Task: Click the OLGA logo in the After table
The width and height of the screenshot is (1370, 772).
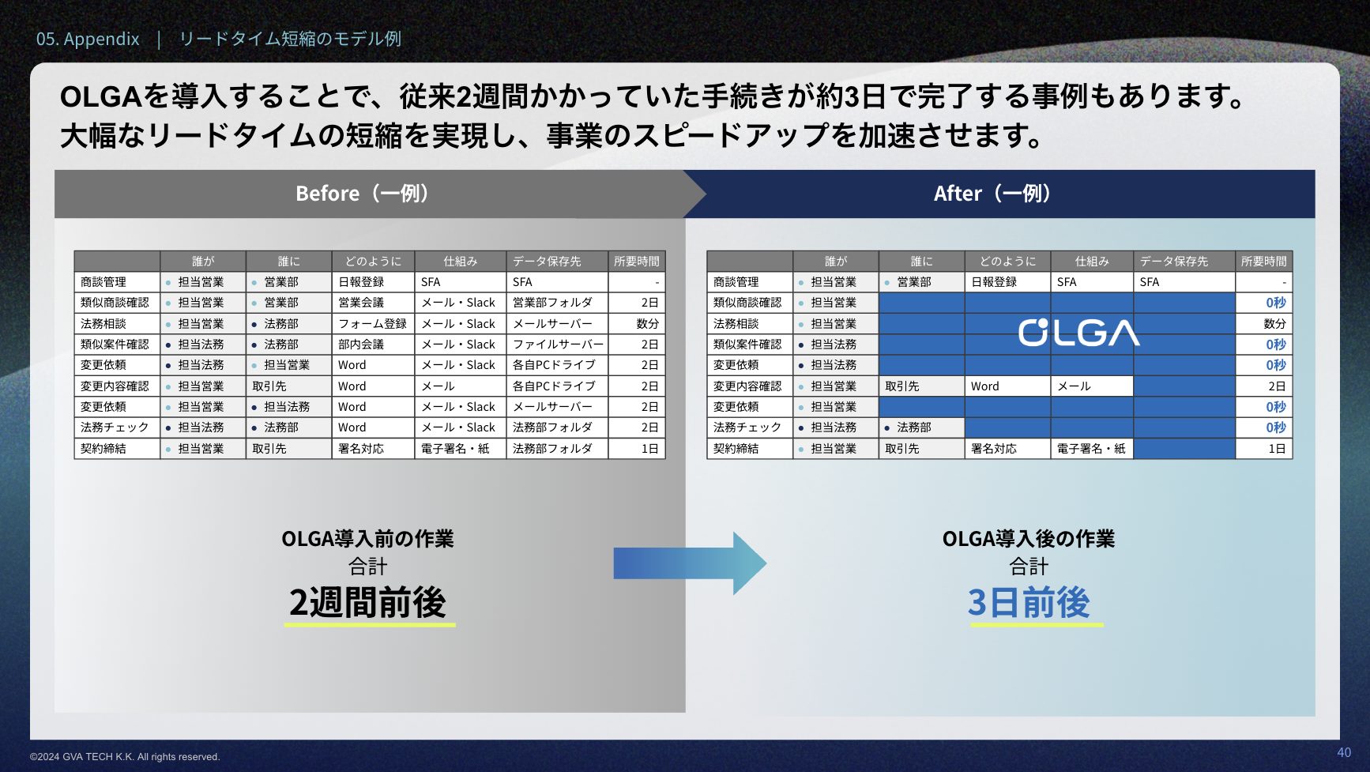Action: [x=1078, y=333]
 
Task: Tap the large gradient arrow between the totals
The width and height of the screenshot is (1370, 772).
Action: [x=690, y=563]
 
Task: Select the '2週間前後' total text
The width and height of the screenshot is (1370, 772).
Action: [x=368, y=602]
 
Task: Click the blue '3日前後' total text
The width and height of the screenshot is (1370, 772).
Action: [x=1029, y=602]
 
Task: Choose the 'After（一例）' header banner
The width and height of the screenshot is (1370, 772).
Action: [x=999, y=194]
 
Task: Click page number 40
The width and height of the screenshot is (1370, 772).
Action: [x=1344, y=752]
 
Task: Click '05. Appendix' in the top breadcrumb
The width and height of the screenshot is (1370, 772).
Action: [x=88, y=39]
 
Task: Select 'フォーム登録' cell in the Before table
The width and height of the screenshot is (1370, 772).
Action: [x=372, y=324]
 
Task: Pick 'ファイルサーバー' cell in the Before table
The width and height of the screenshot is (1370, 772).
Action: [x=558, y=345]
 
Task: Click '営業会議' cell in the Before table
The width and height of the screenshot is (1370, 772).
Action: [x=361, y=303]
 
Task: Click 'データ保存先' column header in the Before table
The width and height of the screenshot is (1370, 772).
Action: [x=547, y=261]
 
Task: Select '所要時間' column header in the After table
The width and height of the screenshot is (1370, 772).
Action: [x=1263, y=261]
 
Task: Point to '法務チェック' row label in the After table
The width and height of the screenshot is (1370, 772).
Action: [x=747, y=427]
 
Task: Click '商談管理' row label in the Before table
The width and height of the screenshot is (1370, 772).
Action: [x=104, y=282]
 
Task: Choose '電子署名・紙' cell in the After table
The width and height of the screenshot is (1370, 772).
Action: [x=1091, y=449]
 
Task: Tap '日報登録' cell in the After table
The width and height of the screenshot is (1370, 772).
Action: [x=994, y=282]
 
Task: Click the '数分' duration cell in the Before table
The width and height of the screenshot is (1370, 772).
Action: [x=648, y=324]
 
